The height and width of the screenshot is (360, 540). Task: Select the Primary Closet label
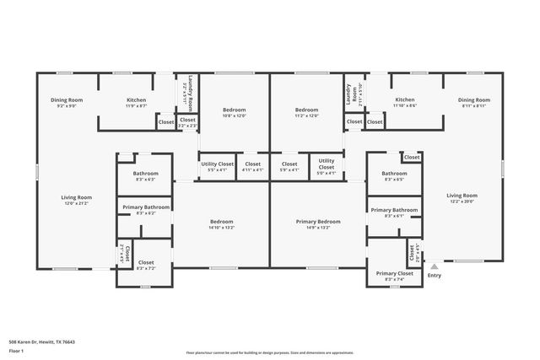394,273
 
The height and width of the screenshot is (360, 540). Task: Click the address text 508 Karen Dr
41,341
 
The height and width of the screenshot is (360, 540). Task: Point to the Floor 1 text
16,352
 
